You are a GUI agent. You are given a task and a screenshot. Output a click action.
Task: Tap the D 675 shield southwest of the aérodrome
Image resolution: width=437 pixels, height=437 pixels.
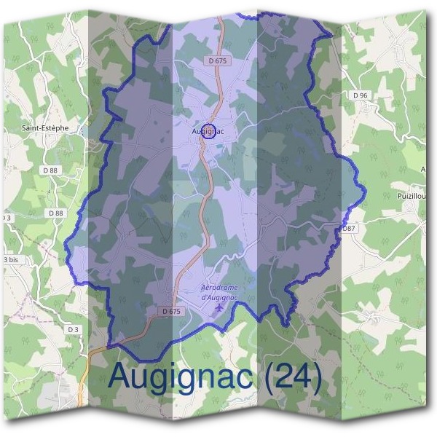(170, 311)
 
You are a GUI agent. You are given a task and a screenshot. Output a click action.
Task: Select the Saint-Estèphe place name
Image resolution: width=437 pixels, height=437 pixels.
(44, 127)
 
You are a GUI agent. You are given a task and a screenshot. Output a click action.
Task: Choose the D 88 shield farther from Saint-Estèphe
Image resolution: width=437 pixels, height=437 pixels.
(55, 213)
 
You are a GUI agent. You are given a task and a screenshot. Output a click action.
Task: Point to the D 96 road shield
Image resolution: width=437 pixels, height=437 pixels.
(360, 95)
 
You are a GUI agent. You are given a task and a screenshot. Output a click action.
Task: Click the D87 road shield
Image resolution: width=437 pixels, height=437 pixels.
(349, 229)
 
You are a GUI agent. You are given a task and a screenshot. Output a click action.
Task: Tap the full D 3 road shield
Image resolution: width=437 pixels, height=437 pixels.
(72, 329)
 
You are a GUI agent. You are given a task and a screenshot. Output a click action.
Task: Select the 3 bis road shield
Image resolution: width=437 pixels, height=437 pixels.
(9, 259)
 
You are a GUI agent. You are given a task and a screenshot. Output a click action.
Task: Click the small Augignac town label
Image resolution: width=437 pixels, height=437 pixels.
(208, 132)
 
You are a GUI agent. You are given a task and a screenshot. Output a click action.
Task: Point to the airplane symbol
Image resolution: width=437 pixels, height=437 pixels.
(219, 310)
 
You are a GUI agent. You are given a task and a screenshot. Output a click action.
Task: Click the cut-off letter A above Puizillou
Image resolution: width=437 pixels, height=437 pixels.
(424, 169)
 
